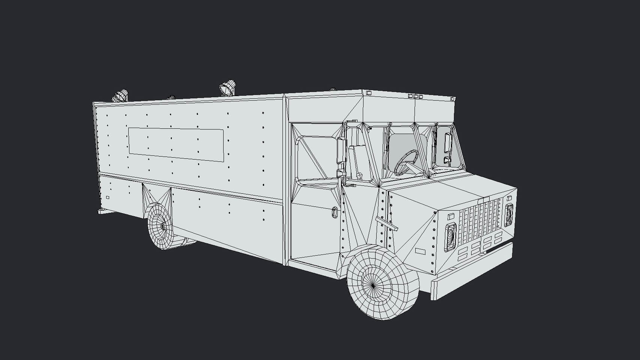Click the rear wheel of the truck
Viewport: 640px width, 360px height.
[161, 227]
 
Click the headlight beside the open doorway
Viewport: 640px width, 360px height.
[450, 236]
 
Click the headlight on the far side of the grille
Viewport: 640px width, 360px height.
[509, 215]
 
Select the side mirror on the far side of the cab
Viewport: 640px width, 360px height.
[447, 143]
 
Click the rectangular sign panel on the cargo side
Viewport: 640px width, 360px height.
[176, 145]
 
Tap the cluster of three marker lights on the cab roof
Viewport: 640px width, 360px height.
[415, 96]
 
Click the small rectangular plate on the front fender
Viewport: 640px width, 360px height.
[420, 251]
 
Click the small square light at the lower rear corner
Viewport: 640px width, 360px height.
[108, 197]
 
